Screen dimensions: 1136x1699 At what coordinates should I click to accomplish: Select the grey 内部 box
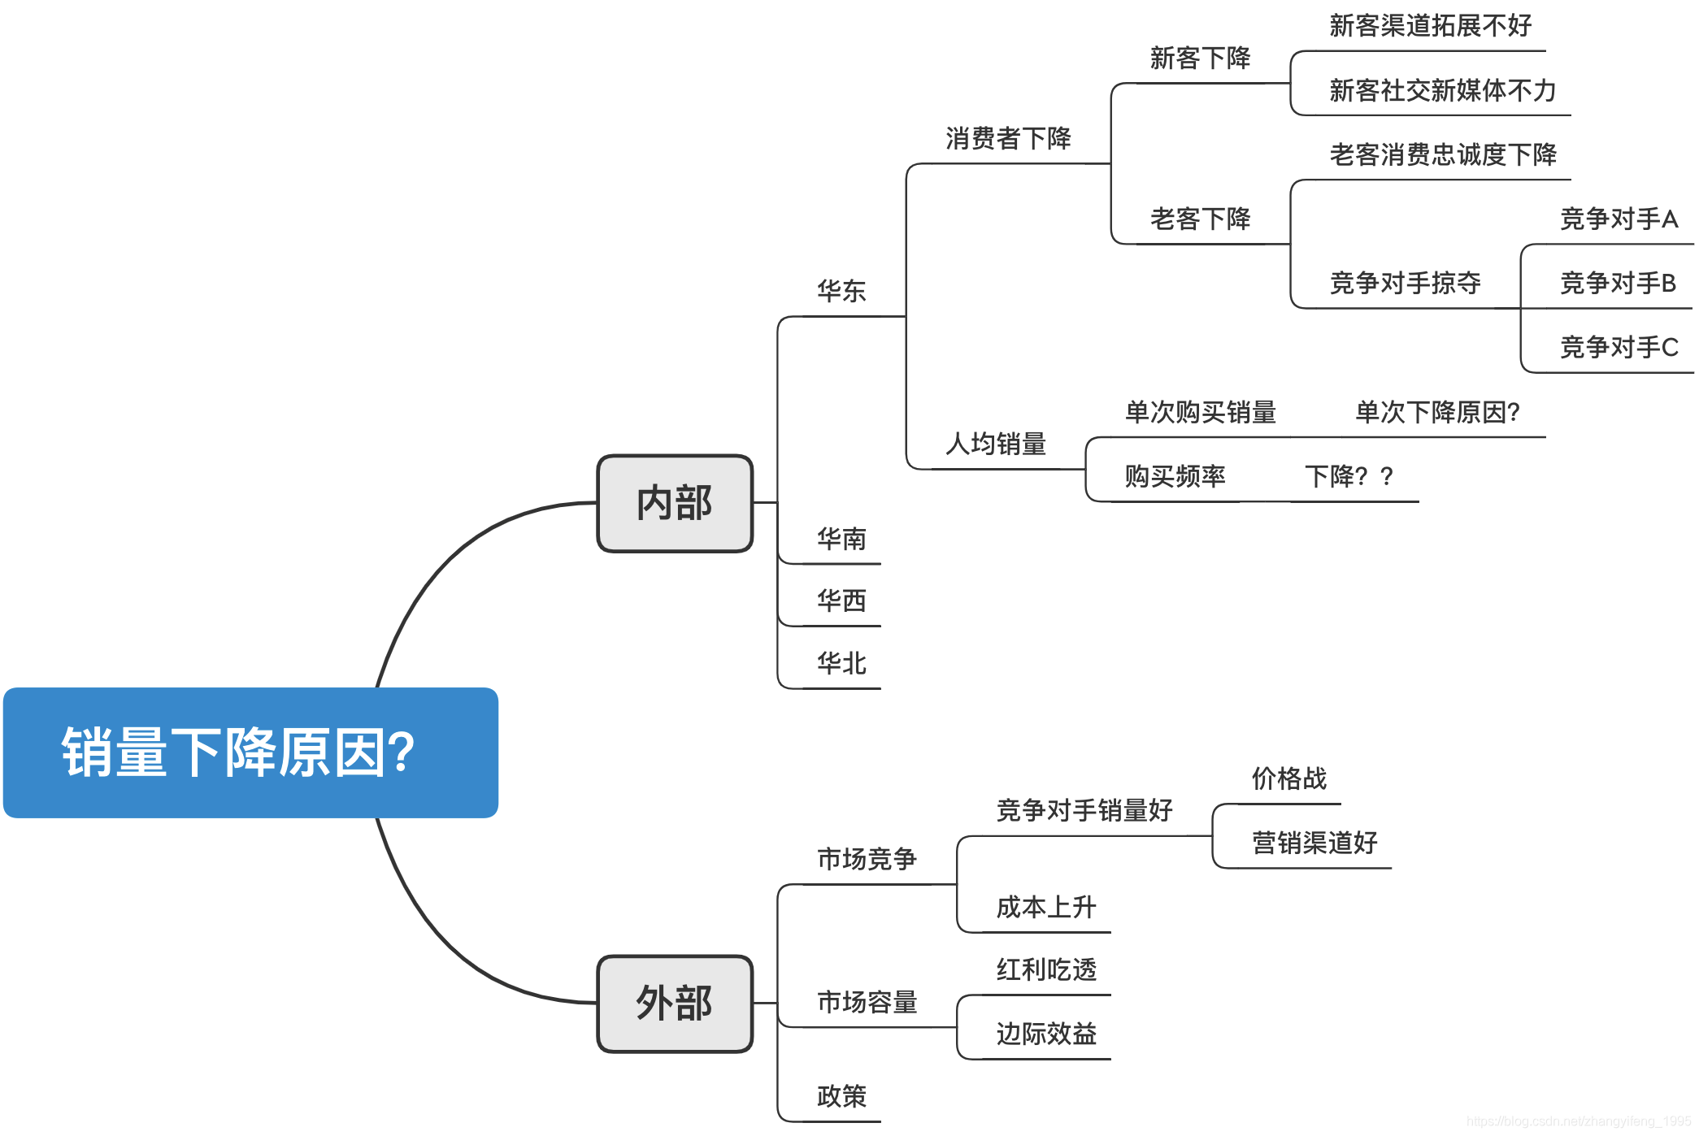675,503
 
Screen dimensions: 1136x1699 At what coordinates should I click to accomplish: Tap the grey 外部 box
675,1004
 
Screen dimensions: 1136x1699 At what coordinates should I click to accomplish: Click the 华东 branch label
841,291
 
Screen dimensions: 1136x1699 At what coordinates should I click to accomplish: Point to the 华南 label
841,539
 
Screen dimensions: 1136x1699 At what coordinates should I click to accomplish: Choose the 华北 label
841,663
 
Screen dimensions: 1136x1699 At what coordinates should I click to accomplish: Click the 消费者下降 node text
1008,138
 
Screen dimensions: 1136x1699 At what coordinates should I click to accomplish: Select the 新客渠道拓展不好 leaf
1430,26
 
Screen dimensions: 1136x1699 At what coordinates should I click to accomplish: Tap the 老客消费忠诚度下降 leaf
1443,154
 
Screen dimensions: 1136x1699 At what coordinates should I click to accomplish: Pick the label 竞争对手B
1618,283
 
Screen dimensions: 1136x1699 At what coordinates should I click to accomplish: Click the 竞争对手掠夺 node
1405,283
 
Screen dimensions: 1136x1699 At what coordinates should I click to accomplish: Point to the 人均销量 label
996,444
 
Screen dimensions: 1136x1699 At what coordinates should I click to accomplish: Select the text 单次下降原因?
1437,412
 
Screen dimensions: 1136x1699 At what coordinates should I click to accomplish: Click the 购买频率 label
1175,476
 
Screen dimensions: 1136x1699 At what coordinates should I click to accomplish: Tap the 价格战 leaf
1288,778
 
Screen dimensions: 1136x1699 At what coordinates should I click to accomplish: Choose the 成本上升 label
1046,907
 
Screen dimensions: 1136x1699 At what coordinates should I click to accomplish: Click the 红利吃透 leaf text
1046,969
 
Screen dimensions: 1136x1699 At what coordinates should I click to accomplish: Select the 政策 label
841,1096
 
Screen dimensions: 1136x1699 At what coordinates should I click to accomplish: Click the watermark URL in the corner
1578,1121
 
